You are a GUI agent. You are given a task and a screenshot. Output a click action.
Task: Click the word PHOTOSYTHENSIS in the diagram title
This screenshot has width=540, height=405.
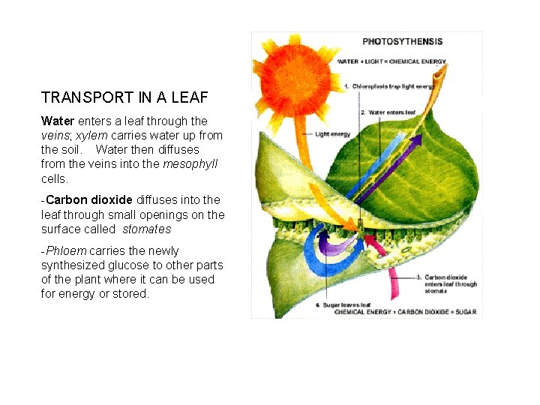402,42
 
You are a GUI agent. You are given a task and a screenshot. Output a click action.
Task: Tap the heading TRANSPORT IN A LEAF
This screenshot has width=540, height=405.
124,97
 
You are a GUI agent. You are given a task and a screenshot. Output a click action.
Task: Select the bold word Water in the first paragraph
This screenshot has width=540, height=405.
58,121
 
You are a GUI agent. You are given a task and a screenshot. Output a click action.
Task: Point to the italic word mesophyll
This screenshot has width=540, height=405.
190,163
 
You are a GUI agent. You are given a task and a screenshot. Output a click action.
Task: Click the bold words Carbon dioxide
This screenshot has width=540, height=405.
89,199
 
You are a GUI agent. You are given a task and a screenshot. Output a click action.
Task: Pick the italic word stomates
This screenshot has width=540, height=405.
147,229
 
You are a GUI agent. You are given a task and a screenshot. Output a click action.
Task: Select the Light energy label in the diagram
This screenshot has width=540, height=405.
332,134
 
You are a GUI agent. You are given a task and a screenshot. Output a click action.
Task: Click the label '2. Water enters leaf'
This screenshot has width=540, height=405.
388,112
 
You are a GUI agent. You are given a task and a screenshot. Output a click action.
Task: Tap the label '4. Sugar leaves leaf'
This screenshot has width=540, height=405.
343,305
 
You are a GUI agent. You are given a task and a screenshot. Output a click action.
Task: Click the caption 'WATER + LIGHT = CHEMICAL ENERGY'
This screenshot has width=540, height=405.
391,61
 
